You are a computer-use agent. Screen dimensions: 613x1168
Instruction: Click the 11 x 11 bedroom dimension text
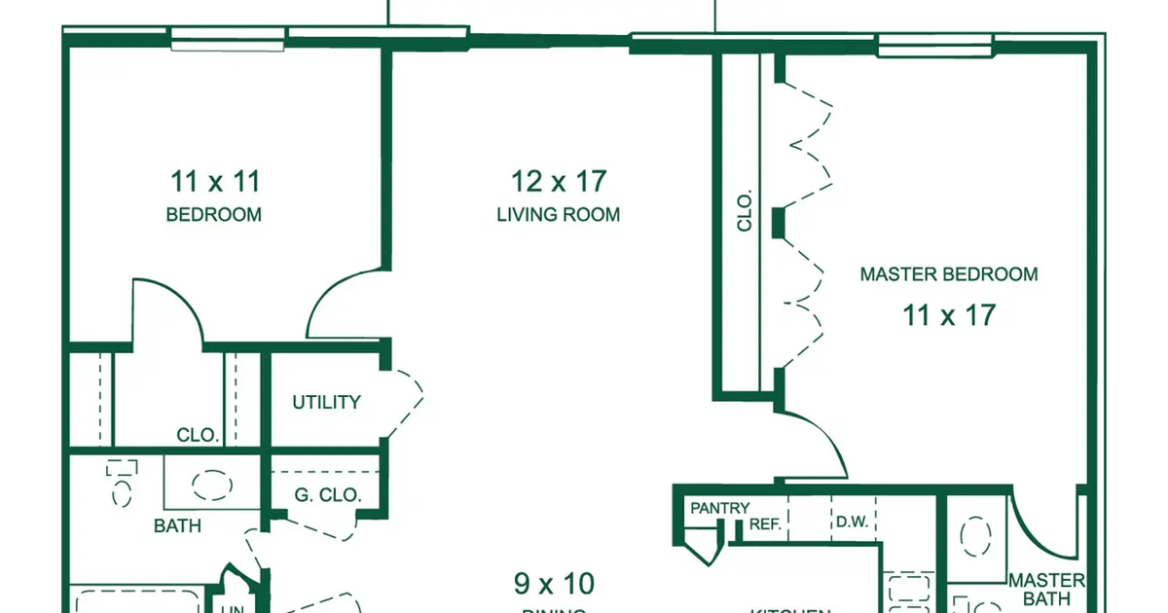click(215, 181)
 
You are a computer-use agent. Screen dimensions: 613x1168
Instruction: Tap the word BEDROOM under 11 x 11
click(214, 215)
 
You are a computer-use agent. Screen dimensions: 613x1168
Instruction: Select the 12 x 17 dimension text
click(559, 181)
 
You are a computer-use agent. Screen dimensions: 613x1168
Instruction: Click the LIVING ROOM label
click(559, 215)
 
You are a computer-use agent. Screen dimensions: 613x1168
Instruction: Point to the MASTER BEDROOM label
click(948, 274)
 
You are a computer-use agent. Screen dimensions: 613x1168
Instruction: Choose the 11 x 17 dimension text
click(948, 314)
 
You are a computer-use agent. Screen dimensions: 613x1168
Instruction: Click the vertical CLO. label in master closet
click(746, 211)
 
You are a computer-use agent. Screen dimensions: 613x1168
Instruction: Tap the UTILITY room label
click(327, 402)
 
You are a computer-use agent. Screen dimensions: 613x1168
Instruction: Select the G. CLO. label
click(328, 494)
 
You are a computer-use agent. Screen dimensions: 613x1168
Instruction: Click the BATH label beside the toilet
click(178, 525)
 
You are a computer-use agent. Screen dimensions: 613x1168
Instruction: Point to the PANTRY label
click(720, 508)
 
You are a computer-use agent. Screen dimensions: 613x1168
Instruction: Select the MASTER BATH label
click(1046, 590)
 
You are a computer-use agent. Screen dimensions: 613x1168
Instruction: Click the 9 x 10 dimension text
click(554, 584)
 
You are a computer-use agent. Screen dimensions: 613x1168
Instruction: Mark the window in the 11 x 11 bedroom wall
click(228, 38)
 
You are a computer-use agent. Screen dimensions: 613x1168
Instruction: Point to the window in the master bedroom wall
click(934, 42)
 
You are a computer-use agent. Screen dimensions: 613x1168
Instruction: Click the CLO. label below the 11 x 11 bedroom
click(198, 435)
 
